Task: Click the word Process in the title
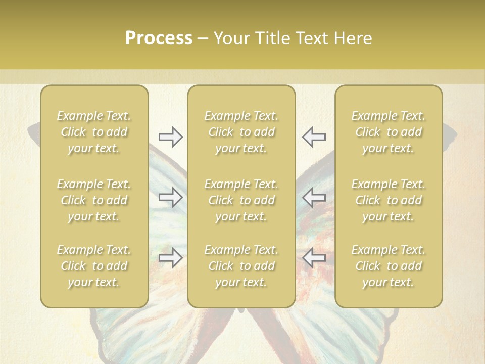tap(159, 38)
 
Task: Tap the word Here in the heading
tap(353, 38)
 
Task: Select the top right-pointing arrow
tap(170, 136)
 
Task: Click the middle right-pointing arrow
tap(170, 197)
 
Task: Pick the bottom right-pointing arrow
tap(170, 258)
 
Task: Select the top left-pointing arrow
tap(314, 136)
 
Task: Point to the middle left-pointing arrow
tap(314, 197)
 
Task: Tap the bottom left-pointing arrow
tap(314, 258)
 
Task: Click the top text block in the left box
tap(94, 132)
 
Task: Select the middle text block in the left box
tap(94, 200)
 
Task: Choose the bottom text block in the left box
tap(94, 266)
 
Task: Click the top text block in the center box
tap(241, 132)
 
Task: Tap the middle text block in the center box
tap(241, 200)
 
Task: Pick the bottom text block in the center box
tap(241, 266)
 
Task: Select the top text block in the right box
tap(389, 132)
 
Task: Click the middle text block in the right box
tap(389, 200)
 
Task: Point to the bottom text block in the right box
tap(389, 266)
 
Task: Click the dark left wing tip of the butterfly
tap(33, 132)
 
